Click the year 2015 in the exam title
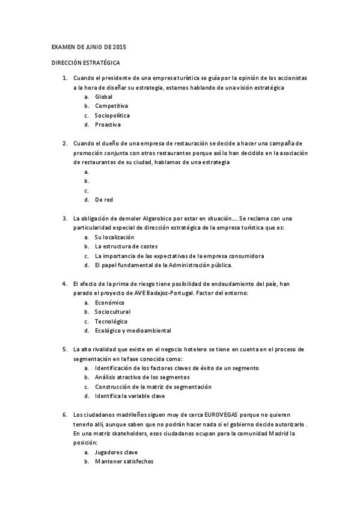(x=119, y=47)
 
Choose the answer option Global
(x=103, y=96)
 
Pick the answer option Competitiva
(x=111, y=106)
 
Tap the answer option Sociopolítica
(x=112, y=115)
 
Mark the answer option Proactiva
(x=108, y=124)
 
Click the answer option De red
(x=104, y=200)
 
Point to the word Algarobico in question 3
(x=160, y=218)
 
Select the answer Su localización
(x=114, y=237)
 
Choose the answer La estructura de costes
(x=126, y=247)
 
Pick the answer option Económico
(x=109, y=303)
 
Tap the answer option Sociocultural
(x=112, y=312)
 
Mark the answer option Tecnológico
(x=111, y=321)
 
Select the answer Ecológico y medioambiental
(x=133, y=330)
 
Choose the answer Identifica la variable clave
(x=130, y=396)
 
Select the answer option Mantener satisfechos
(x=124, y=461)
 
